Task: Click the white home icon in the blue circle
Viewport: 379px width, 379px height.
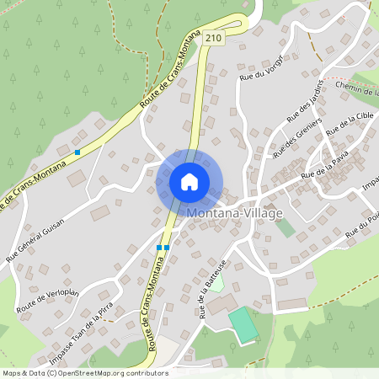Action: pos(189,181)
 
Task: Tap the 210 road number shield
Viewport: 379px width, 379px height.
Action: pos(214,37)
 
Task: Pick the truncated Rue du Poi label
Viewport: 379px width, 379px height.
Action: pos(363,226)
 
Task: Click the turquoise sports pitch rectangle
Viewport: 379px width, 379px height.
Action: pos(243,324)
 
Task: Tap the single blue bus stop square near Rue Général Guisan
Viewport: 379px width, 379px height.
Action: pos(77,152)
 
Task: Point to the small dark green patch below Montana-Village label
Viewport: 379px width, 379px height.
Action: pos(285,226)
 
